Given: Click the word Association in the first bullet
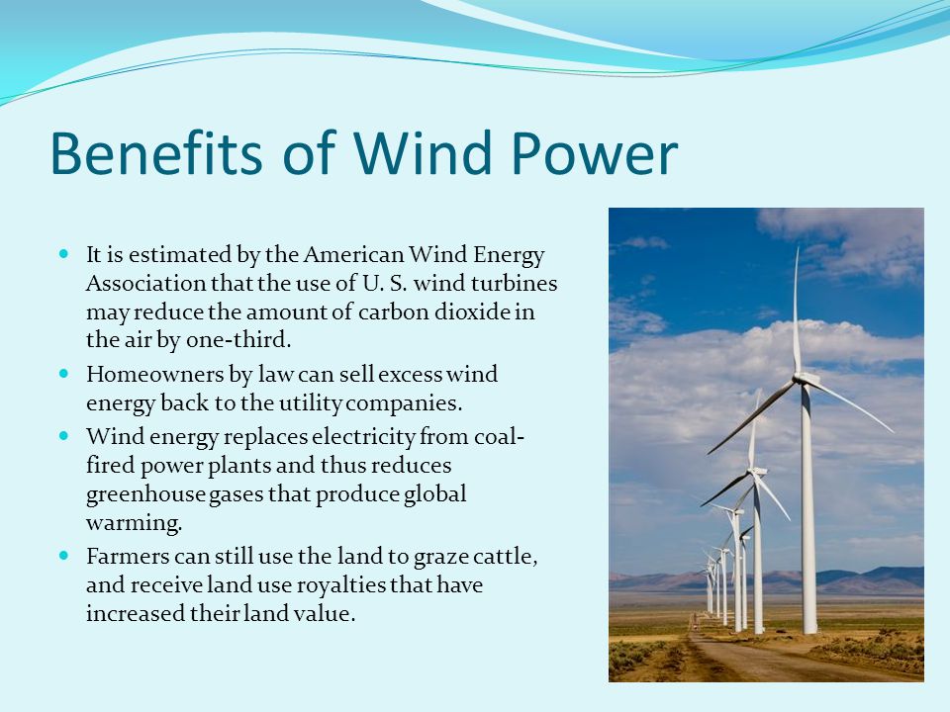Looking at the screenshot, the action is [x=146, y=283].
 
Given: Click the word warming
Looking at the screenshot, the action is [x=134, y=523].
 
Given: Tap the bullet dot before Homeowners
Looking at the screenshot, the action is [x=65, y=374].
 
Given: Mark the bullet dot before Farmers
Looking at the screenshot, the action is [x=65, y=555].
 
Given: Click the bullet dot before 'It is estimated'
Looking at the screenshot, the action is [x=65, y=254].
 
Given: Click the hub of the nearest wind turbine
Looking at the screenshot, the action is [x=803, y=380].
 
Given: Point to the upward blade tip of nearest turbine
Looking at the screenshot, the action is [x=798, y=247].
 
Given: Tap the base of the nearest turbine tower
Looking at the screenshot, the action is [x=809, y=632].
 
